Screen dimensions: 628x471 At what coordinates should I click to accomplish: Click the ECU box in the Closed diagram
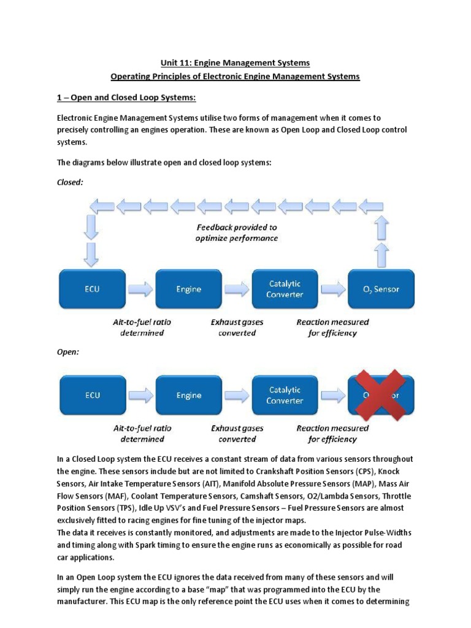92,289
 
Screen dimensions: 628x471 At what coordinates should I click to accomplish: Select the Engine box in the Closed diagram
189,289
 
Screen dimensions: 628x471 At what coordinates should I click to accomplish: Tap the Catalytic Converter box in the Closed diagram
285,289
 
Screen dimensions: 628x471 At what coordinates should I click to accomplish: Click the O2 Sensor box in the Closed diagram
381,289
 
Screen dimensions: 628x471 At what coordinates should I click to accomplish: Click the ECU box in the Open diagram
92,395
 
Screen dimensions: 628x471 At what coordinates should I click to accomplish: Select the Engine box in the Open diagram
189,395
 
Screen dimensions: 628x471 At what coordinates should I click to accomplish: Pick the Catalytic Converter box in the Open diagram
285,395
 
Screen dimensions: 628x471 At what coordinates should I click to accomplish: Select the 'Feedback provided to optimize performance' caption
236,232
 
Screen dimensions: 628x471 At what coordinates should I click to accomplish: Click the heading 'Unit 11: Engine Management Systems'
235,63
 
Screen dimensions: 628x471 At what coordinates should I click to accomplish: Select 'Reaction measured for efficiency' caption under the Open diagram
332,434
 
